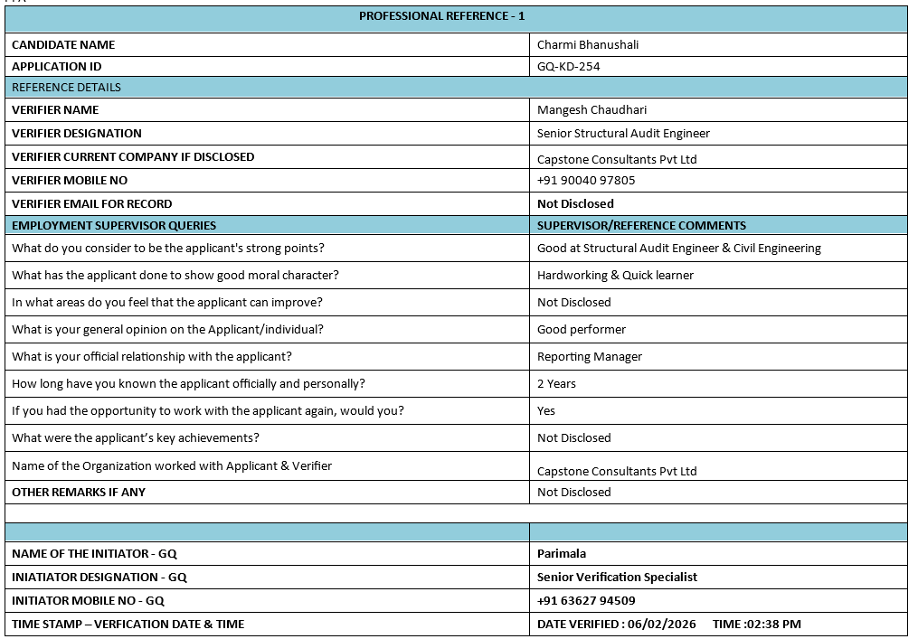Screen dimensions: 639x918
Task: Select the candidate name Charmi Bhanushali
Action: [587, 44]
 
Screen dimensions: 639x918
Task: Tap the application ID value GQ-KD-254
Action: [568, 66]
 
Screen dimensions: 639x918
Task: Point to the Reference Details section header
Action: [66, 88]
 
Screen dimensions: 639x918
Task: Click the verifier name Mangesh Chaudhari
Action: [591, 110]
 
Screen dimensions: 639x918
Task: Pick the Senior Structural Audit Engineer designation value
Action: [623, 134]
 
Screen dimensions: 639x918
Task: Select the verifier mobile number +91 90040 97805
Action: [586, 180]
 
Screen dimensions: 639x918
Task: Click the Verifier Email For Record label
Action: [91, 204]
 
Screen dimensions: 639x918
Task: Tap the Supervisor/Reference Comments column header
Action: [641, 225]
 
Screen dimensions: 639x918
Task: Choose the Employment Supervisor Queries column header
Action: [114, 225]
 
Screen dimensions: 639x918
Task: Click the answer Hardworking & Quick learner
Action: [615, 276]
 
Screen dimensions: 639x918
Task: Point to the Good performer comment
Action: [581, 330]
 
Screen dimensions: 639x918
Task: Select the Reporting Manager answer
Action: [589, 357]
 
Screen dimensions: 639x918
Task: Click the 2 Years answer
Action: [556, 384]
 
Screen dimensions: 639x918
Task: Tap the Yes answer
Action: [546, 411]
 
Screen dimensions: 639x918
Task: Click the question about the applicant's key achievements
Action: [136, 438]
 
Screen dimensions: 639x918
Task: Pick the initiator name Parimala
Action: [562, 554]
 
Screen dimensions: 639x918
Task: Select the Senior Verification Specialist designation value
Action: [617, 578]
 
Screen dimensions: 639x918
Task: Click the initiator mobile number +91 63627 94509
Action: [586, 601]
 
